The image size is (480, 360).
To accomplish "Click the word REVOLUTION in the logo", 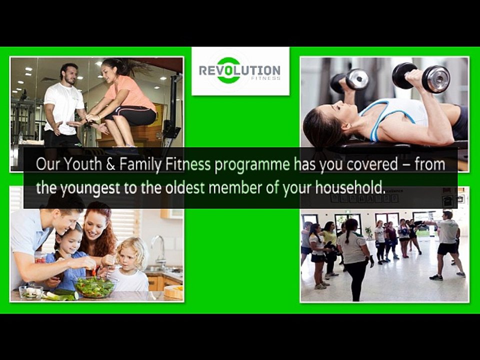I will coord(239,70).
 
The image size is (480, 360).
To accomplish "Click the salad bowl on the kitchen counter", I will coord(95,286).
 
